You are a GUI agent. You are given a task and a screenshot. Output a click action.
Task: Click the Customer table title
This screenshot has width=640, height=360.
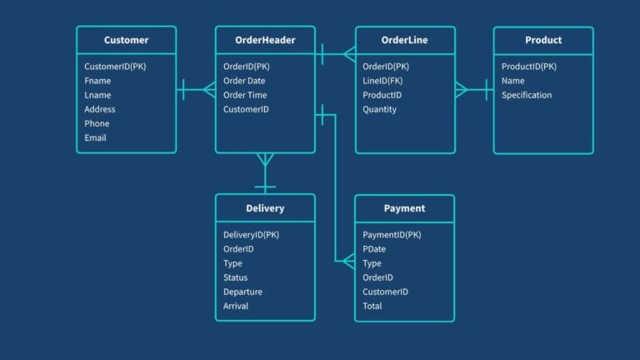[126, 40]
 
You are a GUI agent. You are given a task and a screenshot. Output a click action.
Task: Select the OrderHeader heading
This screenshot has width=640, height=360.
[265, 40]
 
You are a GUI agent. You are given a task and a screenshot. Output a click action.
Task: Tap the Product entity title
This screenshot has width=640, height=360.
[543, 40]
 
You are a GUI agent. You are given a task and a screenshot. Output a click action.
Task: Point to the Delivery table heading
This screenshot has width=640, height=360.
[265, 208]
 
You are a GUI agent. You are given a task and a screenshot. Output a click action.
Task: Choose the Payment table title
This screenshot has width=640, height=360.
[404, 208]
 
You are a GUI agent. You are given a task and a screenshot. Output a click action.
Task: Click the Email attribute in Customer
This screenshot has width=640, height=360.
[95, 138]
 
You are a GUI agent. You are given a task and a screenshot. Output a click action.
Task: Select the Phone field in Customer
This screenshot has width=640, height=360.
[97, 123]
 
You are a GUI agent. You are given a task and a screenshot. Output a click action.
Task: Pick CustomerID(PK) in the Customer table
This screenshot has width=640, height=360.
[115, 67]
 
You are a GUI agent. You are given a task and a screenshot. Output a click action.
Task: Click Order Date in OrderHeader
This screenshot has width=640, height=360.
[244, 81]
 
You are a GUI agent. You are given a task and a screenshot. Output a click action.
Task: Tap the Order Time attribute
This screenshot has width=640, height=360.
[245, 95]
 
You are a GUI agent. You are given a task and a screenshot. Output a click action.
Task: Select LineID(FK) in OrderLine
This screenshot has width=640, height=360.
[382, 81]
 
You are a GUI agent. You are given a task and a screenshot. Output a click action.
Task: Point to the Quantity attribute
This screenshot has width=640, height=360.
[380, 109]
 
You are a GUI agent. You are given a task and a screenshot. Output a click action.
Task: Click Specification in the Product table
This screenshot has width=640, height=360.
[527, 95]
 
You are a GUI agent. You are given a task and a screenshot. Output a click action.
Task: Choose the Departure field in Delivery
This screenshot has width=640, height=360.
[242, 292]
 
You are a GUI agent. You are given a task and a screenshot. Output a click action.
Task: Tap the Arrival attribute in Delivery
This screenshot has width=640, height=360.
[236, 306]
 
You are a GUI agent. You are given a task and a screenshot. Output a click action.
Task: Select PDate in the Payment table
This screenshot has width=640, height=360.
[374, 249]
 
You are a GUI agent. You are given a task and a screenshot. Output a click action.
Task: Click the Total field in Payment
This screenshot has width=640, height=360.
[372, 306]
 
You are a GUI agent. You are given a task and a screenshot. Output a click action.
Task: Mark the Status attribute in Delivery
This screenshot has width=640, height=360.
[236, 277]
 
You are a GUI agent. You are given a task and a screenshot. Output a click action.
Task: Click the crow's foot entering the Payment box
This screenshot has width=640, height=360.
[349, 261]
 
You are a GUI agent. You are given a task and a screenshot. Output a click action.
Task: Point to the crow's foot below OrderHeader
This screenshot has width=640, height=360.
[265, 160]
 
